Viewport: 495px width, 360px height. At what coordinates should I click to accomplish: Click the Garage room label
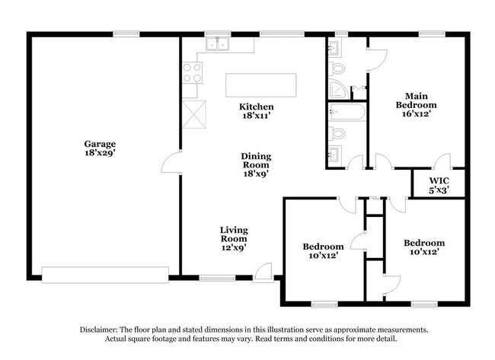(100, 144)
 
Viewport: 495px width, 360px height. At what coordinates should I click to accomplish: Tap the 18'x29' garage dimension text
(100, 153)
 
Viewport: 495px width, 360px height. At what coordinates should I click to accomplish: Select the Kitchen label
(256, 107)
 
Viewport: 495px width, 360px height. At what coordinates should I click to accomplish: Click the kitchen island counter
(260, 85)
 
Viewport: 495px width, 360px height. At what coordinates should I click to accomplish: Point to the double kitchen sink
(217, 44)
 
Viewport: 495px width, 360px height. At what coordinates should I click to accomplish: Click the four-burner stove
(192, 73)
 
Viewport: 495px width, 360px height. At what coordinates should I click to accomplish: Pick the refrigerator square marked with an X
(194, 114)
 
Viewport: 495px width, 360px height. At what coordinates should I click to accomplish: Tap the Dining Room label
(256, 161)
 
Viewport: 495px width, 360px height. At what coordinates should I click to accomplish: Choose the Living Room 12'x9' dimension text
(234, 247)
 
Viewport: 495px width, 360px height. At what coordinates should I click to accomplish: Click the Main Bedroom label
(417, 100)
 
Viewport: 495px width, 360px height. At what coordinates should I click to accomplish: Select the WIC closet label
(439, 181)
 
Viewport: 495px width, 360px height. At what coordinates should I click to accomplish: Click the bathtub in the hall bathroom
(346, 112)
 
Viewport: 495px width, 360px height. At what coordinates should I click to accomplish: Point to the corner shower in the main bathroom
(338, 89)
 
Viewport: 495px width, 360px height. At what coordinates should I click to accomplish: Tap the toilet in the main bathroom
(337, 68)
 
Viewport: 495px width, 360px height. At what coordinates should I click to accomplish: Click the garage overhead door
(105, 275)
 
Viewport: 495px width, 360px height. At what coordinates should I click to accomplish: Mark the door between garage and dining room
(171, 161)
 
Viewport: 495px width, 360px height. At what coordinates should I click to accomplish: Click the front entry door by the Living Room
(263, 272)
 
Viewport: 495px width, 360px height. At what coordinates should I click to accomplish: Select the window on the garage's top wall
(126, 34)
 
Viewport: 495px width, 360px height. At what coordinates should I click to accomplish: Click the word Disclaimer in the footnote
(98, 330)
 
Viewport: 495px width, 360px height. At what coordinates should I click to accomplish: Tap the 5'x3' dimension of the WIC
(439, 190)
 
